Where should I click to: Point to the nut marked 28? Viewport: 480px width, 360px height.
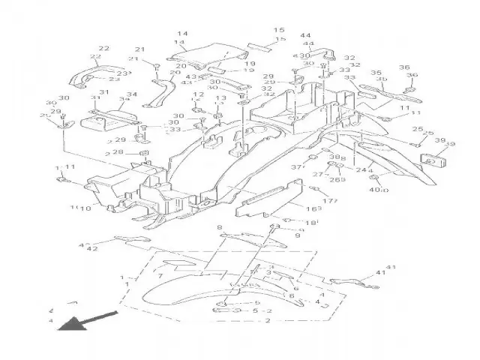pyautogui.click(x=142, y=155)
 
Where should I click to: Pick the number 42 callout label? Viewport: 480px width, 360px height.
pyautogui.click(x=93, y=248)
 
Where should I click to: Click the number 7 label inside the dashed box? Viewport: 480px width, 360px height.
pyautogui.click(x=159, y=276)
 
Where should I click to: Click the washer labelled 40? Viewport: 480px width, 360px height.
pyautogui.click(x=374, y=180)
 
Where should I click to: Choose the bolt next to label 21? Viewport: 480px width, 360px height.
pyautogui.click(x=156, y=69)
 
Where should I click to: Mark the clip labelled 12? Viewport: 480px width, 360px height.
pyautogui.click(x=201, y=112)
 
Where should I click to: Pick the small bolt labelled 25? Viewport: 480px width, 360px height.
pyautogui.click(x=415, y=142)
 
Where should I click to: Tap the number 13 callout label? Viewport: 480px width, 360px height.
pyautogui.click(x=220, y=98)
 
